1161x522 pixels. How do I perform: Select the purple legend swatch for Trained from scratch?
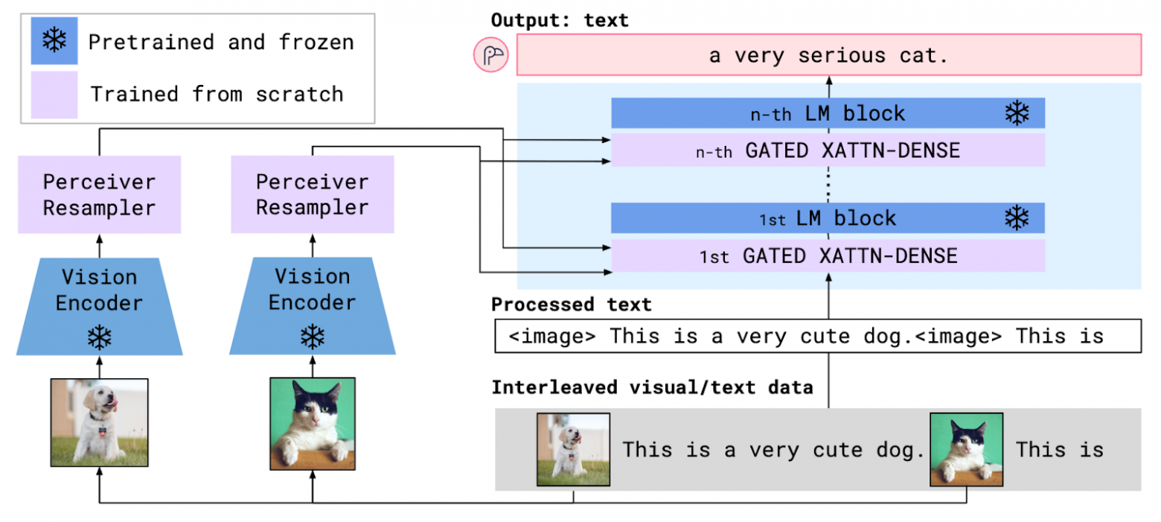click(54, 95)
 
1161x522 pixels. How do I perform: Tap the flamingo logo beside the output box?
click(491, 56)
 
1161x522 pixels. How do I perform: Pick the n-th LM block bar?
click(828, 113)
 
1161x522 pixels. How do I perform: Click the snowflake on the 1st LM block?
click(1017, 218)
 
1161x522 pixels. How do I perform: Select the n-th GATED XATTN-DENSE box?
click(828, 150)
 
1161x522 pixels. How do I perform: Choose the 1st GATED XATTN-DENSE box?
click(828, 256)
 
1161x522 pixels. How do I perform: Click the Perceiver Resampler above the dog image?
click(99, 194)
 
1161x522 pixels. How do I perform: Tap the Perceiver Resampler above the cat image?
click(312, 194)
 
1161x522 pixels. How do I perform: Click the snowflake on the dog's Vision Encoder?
click(99, 337)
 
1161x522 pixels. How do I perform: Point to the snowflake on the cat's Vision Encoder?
click(312, 337)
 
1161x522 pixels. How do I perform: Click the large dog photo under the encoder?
click(99, 422)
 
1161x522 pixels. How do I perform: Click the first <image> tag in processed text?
click(552, 336)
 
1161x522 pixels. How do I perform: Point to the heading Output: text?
click(560, 20)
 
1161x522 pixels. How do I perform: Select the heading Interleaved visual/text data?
click(652, 387)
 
